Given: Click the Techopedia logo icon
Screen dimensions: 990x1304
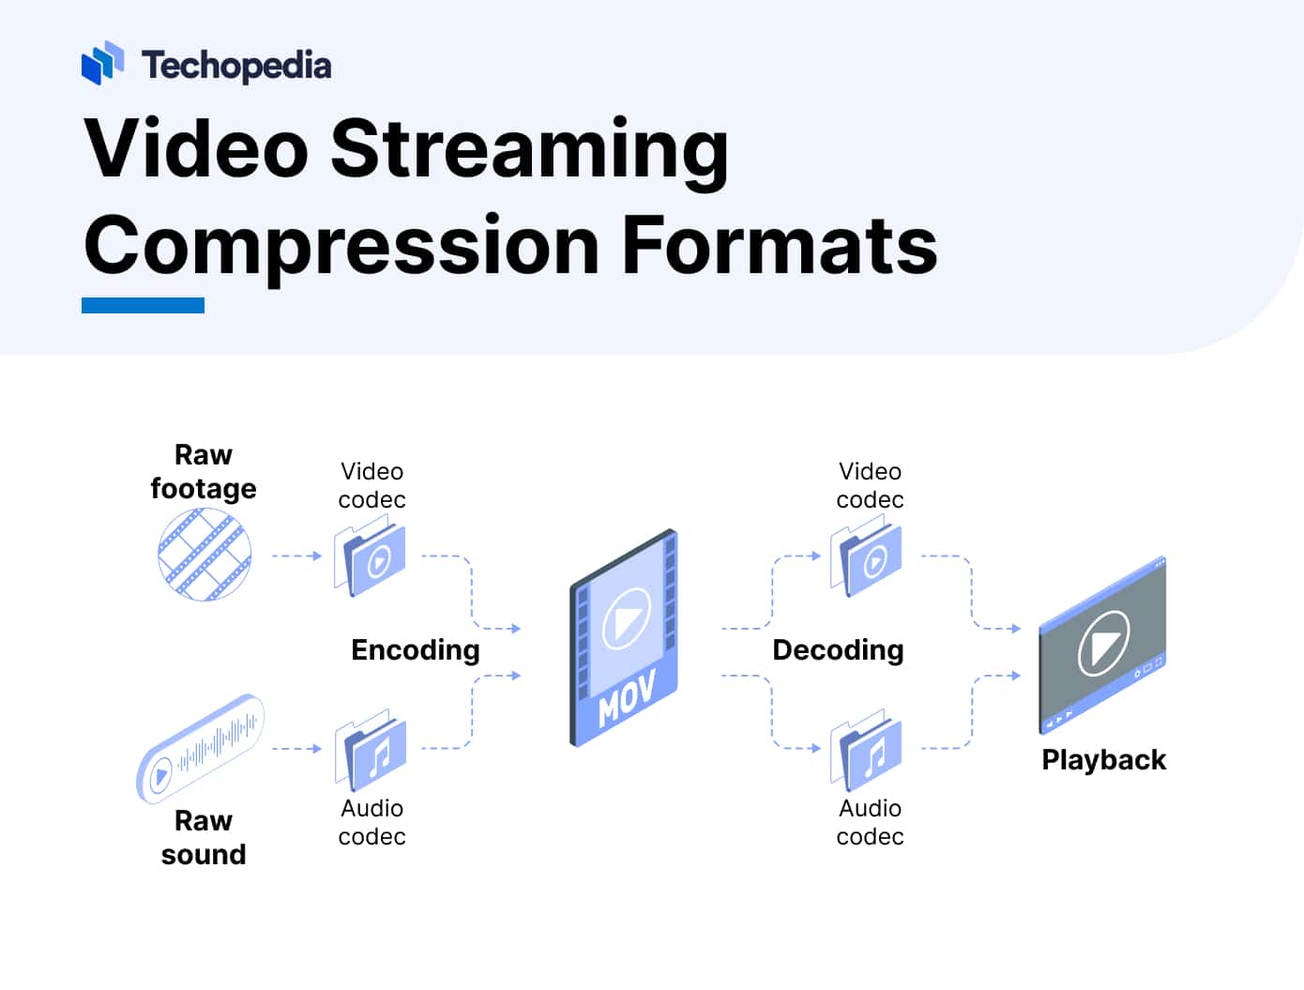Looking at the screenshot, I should coord(102,63).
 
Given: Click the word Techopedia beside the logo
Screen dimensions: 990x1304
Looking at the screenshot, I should coord(236,66).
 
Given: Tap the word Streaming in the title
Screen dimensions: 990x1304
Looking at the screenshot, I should coord(529,148).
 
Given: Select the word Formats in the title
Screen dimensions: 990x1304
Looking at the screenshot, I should coord(780,245).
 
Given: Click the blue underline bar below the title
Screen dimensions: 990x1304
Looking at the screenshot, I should coord(143,305).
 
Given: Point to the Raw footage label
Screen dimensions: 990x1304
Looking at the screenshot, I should coord(204,472).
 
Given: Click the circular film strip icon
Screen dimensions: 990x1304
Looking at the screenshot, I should coord(205,554).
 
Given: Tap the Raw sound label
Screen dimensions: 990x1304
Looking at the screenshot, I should coord(204,837).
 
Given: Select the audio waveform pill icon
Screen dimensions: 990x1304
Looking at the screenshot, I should coord(201,749).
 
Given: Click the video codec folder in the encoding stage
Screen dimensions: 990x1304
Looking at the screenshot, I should coord(371,558).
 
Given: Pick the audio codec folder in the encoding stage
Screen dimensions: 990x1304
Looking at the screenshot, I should coord(371,752).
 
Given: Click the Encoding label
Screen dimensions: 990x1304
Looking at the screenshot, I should coord(415,649).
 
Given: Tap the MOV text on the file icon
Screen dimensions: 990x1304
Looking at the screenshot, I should coord(626,697).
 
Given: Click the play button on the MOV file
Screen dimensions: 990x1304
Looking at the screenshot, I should coord(626,618).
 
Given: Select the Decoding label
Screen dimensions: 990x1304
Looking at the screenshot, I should coord(838,649).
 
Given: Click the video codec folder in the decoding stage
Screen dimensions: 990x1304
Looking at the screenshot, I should coord(868,558).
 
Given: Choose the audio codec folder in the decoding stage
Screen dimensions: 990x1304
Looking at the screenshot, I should coord(868,752).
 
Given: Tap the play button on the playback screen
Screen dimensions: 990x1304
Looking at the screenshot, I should coord(1103,643).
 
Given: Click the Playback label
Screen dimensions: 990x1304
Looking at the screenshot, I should coord(1103,759).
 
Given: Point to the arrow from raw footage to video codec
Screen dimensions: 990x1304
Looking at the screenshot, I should coord(296,556).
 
